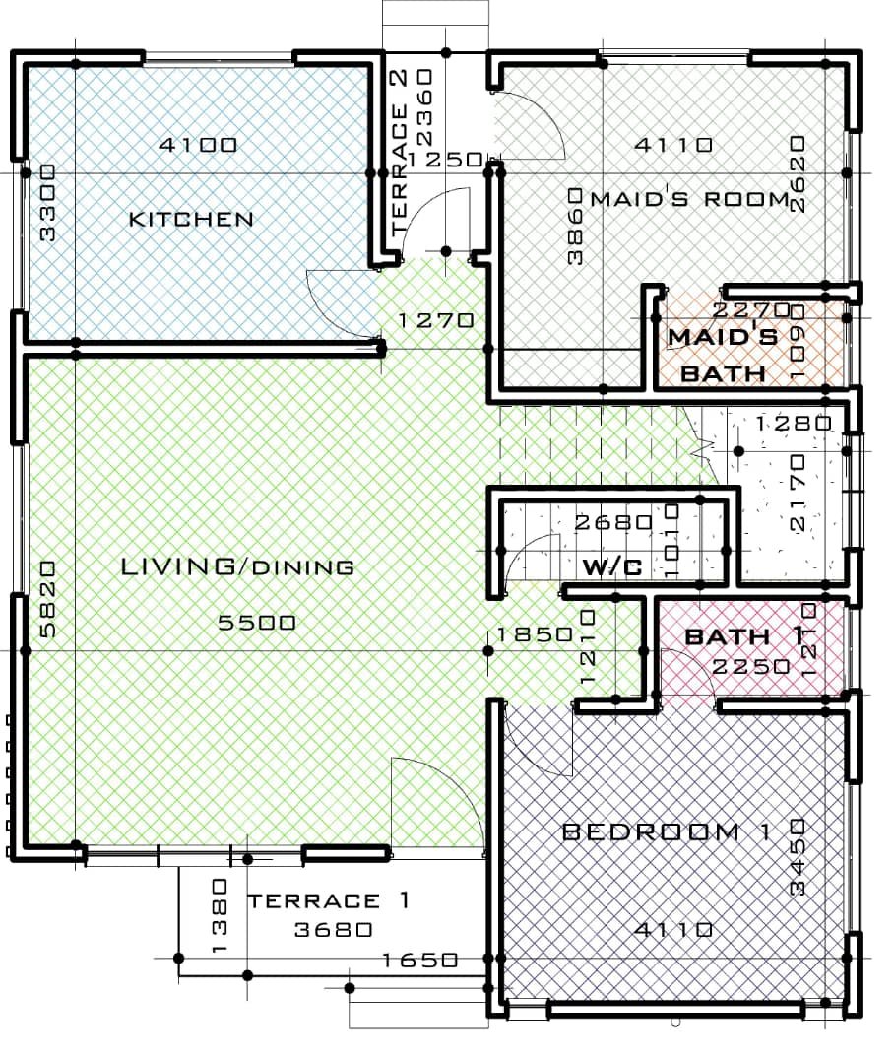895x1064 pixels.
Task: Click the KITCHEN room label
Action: point(191,219)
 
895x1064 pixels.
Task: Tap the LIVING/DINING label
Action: point(237,566)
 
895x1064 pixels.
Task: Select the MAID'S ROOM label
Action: point(690,199)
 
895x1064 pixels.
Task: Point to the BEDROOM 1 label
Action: point(667,831)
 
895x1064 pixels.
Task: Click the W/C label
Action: point(612,566)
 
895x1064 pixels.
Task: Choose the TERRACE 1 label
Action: point(328,900)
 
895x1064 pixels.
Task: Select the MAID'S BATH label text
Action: point(723,355)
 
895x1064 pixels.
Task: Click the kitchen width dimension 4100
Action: point(198,145)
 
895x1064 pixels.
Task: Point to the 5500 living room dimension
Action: point(257,623)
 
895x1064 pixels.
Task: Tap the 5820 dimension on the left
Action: point(47,599)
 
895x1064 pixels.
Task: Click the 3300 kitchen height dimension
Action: point(47,202)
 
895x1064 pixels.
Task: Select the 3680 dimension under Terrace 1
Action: point(334,929)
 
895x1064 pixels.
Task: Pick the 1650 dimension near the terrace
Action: point(419,961)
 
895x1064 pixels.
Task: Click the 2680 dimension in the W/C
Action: point(613,522)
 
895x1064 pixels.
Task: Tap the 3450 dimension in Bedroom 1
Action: point(799,857)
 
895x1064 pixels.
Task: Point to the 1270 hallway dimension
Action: point(435,319)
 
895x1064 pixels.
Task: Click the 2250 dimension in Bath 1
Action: point(751,667)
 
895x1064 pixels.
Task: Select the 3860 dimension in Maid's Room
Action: point(575,226)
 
